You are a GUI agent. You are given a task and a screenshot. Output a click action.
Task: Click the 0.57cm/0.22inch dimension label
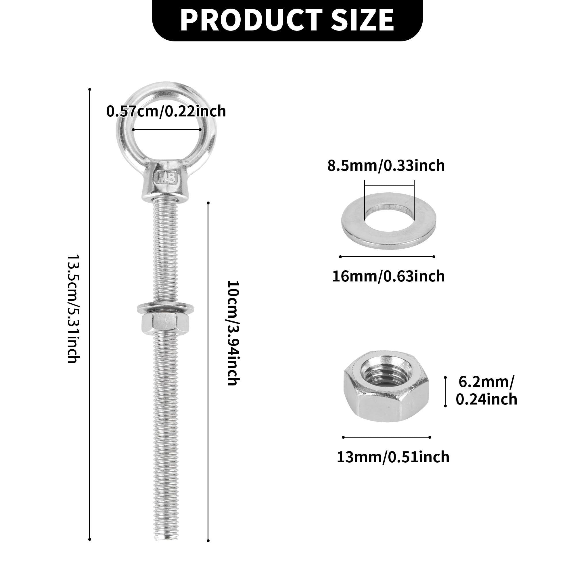(166, 111)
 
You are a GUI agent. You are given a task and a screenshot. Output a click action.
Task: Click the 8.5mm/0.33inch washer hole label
(386, 166)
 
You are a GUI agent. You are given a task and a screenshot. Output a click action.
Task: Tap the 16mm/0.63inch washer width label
(388, 276)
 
